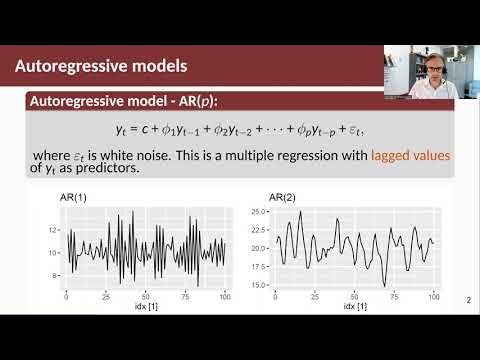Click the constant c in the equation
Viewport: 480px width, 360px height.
pyautogui.click(x=166, y=131)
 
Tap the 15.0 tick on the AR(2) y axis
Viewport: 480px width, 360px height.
pyautogui.click(x=258, y=285)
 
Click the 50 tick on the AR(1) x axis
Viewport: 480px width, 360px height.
pyautogui.click(x=147, y=297)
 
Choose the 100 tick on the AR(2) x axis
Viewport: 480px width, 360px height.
pyautogui.click(x=431, y=297)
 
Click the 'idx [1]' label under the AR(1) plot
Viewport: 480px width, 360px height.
pyautogui.click(x=147, y=306)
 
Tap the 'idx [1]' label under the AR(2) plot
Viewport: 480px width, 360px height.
pyautogui.click(x=349, y=306)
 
